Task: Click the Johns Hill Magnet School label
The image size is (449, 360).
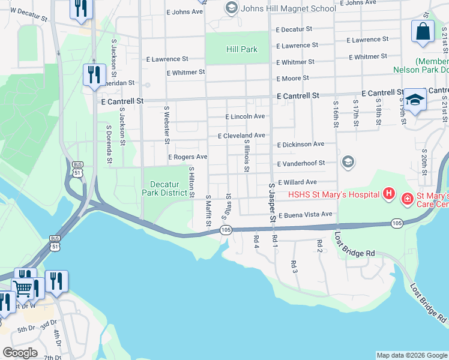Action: click(288, 8)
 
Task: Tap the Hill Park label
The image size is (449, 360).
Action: click(242, 49)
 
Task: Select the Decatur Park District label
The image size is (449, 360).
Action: click(164, 188)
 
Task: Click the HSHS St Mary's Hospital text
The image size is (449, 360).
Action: click(333, 194)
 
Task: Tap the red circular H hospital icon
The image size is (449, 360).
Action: click(388, 193)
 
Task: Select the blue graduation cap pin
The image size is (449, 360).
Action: click(414, 100)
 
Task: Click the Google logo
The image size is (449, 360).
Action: click(20, 353)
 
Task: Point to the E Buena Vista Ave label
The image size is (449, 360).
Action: click(304, 214)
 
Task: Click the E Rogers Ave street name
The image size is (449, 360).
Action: click(187, 157)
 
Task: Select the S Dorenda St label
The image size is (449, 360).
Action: click(109, 144)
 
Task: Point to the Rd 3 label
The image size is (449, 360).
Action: click(294, 266)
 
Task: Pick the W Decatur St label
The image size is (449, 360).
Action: click(29, 14)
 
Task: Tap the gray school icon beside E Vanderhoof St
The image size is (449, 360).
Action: click(348, 162)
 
